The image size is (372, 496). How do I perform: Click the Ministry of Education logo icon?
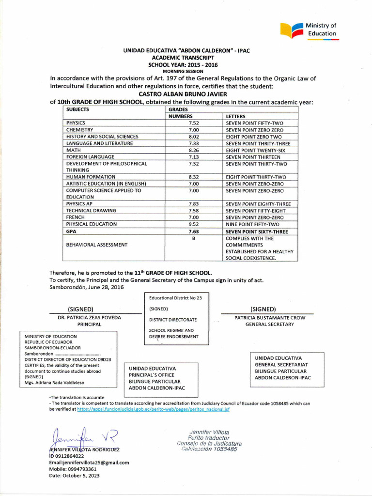point(292,30)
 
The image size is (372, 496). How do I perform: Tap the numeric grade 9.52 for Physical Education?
point(194,224)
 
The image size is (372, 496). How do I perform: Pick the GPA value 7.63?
point(194,232)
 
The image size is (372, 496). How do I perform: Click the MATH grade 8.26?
point(194,150)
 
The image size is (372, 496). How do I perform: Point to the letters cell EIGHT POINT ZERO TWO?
point(254,137)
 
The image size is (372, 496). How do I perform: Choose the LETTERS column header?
point(236,116)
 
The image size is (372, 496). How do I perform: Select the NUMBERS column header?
point(181,116)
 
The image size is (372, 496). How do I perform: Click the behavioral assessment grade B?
point(194,239)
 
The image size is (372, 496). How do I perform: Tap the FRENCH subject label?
point(76,217)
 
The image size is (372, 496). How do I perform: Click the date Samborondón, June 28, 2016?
point(86,287)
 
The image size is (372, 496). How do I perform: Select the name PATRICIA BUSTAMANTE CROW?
point(270,318)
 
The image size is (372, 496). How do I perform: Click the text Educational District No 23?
point(175,298)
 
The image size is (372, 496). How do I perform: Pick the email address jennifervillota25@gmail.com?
point(89,462)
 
